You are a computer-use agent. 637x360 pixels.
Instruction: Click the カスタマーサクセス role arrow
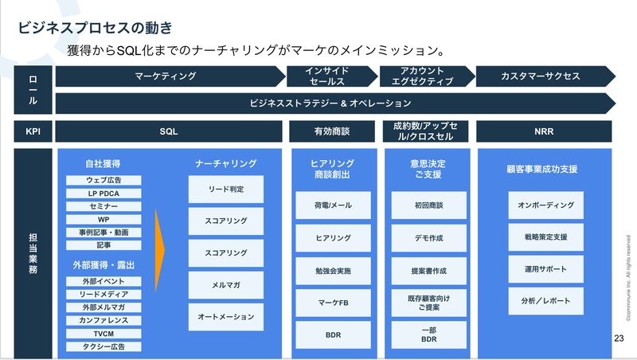coord(540,76)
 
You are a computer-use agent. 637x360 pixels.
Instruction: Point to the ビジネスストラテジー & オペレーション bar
coord(330,103)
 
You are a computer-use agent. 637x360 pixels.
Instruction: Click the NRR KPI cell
coord(545,130)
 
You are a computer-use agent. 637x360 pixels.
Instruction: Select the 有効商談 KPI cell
coord(331,130)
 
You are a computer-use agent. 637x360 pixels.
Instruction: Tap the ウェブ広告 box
coord(104,180)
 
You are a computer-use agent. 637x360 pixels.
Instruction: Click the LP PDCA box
coord(104,193)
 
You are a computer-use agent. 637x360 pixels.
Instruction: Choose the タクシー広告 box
coord(104,346)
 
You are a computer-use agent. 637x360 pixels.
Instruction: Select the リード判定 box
coord(225,189)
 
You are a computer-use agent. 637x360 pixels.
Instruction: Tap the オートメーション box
coord(225,316)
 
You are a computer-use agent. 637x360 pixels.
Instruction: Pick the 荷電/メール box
coord(331,205)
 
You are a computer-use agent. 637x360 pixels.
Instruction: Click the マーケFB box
coord(331,303)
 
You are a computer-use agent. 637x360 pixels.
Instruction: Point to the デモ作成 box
coord(428,238)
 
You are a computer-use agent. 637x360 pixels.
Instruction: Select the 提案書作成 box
coord(428,271)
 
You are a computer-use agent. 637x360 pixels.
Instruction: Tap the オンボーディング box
coord(545,205)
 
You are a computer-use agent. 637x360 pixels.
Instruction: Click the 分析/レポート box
coord(545,302)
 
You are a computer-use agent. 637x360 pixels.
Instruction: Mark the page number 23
coord(619,339)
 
